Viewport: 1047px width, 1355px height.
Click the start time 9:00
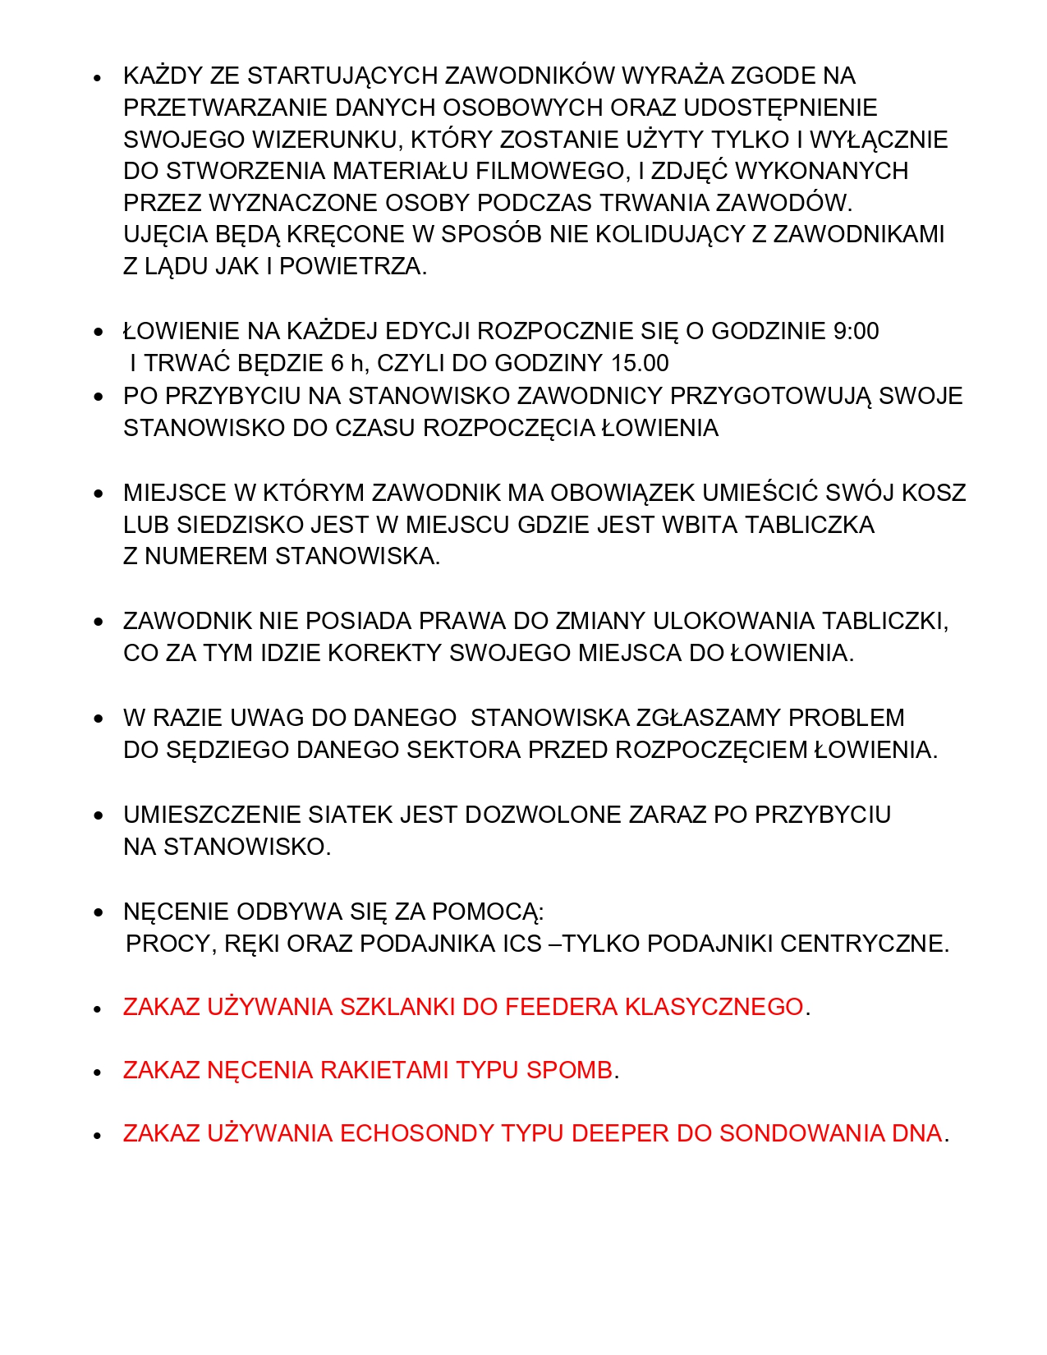(856, 331)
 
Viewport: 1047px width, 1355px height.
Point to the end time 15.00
(640, 363)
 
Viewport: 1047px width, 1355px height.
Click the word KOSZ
(934, 493)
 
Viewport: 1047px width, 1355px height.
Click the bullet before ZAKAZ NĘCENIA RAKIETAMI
(99, 1073)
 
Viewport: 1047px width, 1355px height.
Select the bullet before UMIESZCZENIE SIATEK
(99, 816)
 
